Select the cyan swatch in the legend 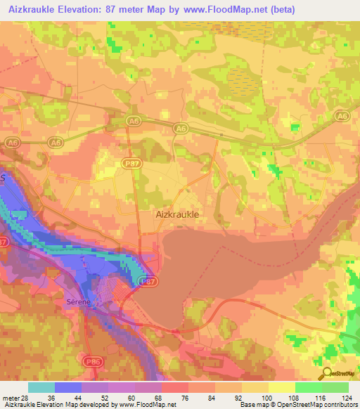click(x=41, y=387)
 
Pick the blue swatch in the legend click(x=68, y=387)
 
